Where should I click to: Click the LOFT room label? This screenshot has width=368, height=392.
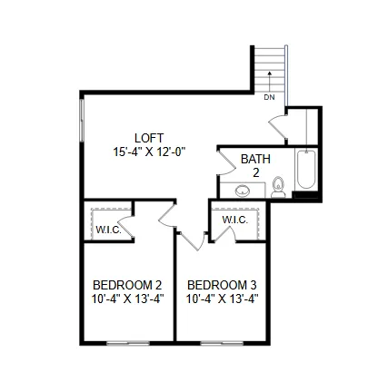[149, 138]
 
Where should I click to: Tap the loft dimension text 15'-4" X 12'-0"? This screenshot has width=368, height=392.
[149, 152]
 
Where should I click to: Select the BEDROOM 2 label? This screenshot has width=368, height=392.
[127, 285]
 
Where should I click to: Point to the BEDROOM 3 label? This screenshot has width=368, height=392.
[222, 285]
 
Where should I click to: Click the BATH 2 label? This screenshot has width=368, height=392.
[255, 166]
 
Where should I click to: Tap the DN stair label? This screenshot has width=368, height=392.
[269, 97]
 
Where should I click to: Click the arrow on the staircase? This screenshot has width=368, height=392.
[269, 82]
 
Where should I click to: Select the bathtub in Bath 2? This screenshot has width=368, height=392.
[306, 170]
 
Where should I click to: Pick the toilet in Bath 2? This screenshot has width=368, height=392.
[278, 188]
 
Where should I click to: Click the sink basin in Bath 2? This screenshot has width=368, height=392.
[243, 191]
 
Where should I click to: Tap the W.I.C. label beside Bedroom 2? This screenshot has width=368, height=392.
[108, 230]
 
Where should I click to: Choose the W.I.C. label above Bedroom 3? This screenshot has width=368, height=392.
[235, 220]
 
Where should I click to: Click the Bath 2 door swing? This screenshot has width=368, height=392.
[226, 162]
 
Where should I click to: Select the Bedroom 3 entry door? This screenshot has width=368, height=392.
[193, 241]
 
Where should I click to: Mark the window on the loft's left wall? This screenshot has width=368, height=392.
[81, 120]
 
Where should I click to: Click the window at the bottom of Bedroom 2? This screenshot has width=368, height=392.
[128, 343]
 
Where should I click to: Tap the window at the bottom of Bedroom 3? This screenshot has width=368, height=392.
[222, 343]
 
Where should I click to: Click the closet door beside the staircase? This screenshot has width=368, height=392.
[278, 126]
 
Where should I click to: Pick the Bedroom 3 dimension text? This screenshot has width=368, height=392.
[222, 299]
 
